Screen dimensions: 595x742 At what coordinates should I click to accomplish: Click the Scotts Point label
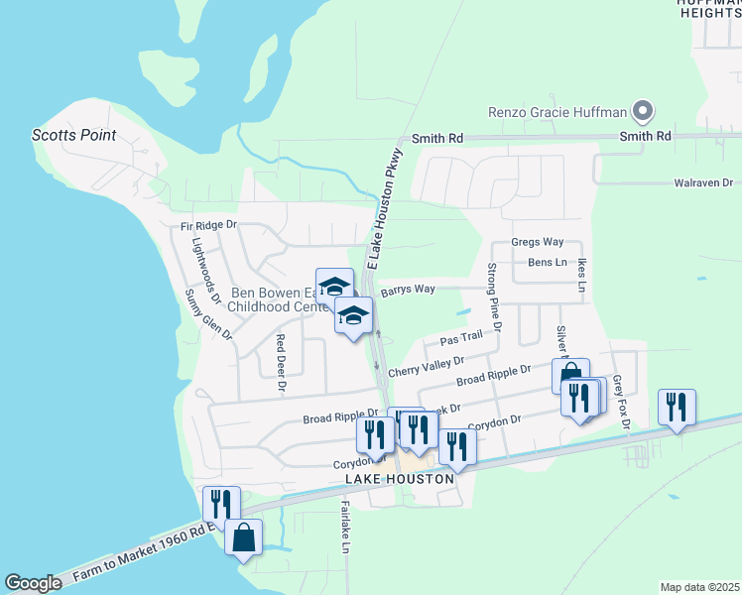click(x=73, y=135)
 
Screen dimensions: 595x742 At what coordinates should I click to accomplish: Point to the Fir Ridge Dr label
click(x=209, y=226)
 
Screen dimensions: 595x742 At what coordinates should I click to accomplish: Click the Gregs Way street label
click(x=537, y=242)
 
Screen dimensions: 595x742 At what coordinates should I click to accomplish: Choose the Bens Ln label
click(x=547, y=263)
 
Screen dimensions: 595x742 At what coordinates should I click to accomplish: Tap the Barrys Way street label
click(x=408, y=289)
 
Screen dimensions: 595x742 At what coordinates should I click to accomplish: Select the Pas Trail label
click(x=460, y=338)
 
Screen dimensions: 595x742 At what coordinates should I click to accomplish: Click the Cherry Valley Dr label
click(x=426, y=368)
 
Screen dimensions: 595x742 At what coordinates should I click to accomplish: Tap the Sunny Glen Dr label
click(x=209, y=315)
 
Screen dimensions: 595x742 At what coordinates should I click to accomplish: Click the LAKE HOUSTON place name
click(x=400, y=479)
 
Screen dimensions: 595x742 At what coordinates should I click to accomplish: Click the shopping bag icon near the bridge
click(x=243, y=538)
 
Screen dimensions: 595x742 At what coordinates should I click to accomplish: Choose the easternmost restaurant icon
click(x=677, y=407)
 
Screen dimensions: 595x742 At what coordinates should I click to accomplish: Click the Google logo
click(x=33, y=583)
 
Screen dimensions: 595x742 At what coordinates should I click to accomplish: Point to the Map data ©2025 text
click(x=698, y=587)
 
